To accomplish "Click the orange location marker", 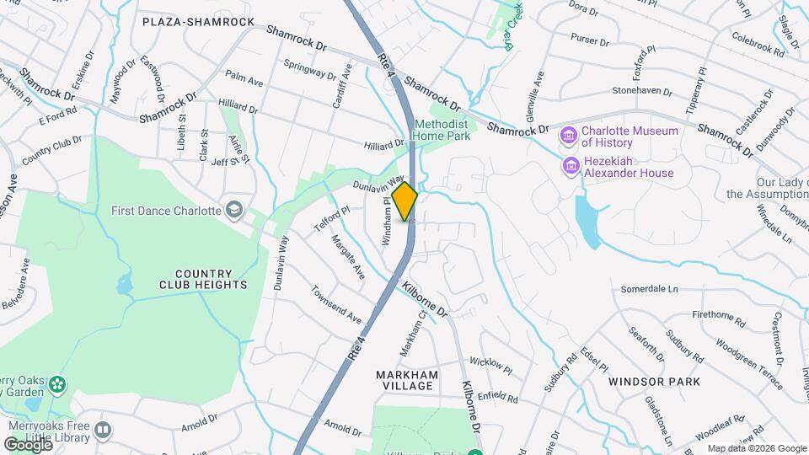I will (x=405, y=201).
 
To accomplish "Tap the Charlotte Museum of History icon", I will (x=570, y=136).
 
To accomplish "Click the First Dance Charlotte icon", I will (x=233, y=209).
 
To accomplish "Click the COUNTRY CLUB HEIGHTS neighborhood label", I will (x=203, y=279).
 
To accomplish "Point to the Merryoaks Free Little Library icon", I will (x=103, y=430).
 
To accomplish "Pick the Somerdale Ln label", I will (x=649, y=289).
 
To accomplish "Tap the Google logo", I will (x=29, y=444).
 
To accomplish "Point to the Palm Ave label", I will (x=244, y=77).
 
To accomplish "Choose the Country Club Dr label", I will (x=51, y=150).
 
